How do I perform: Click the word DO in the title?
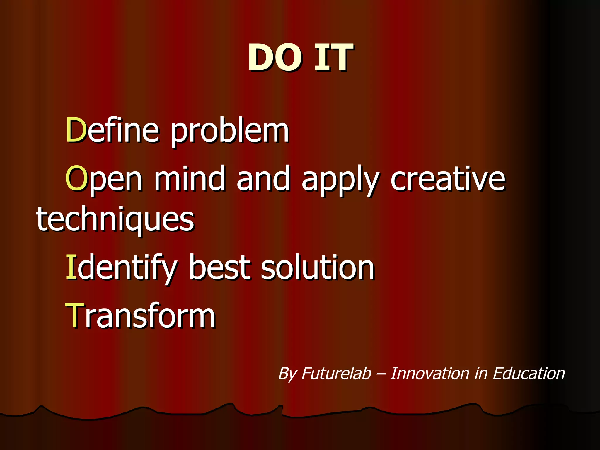click(x=275, y=58)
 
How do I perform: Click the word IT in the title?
click(x=333, y=58)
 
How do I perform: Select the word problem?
click(x=230, y=132)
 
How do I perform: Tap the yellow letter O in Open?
click(x=76, y=178)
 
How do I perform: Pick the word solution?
click(x=318, y=267)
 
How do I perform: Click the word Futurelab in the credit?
click(x=336, y=374)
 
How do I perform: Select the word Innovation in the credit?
click(x=430, y=374)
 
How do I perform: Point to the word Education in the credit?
click(x=529, y=374)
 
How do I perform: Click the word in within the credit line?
click(x=481, y=374)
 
